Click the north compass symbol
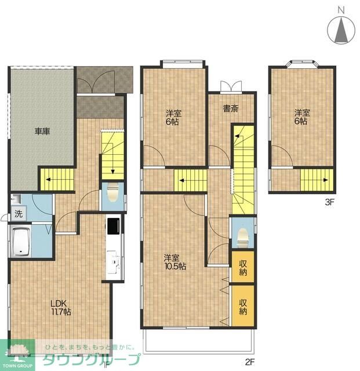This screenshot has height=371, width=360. coord(341,28)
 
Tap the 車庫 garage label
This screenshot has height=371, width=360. coord(42,131)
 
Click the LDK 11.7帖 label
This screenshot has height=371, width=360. coord(61,308)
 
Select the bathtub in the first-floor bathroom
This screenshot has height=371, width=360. coord(21,241)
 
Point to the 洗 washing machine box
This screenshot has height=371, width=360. coord(19,214)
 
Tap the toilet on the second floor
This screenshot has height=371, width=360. coord(242,237)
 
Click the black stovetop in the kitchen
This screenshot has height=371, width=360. coord(114,225)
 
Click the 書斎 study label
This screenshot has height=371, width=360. coord(231,108)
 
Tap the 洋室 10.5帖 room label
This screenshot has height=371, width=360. coord(175,262)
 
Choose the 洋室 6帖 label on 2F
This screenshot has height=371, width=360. coord(173,118)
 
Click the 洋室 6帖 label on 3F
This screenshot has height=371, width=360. coord(302,117)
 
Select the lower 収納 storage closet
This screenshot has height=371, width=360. coord(243,306)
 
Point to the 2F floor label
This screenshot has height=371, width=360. coord(250,362)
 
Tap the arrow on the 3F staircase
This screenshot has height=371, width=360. coord(317,180)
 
